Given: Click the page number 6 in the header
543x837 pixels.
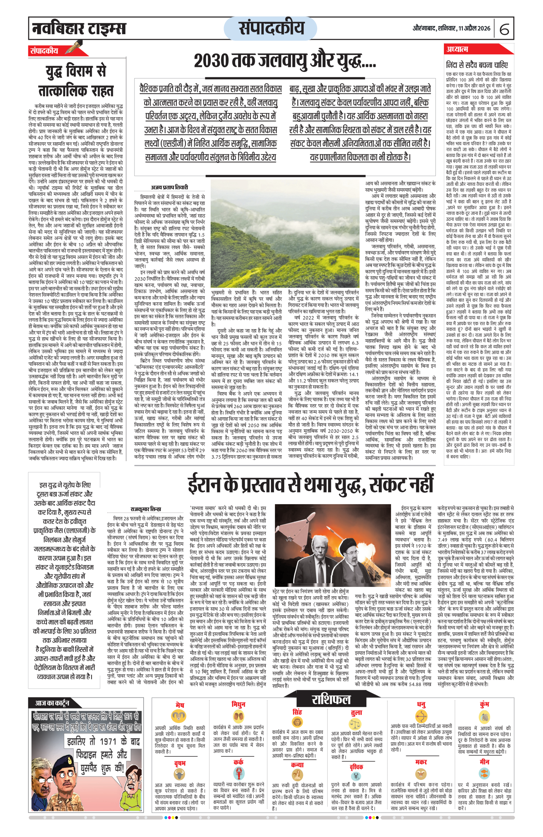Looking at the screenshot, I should pyautogui.click(x=504, y=29).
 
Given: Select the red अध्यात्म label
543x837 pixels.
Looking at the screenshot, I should pyautogui.click(x=457, y=49).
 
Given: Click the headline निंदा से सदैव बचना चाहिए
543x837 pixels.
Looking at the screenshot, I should pyautogui.click(x=476, y=65).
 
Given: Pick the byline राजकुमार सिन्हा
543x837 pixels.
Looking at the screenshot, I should pyautogui.click(x=146, y=509).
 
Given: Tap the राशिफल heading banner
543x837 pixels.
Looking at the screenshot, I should pyautogui.click(x=331, y=700).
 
